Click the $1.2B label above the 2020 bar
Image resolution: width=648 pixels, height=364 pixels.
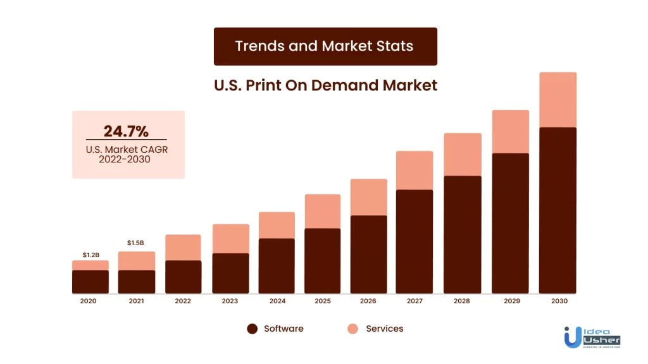point(90,255)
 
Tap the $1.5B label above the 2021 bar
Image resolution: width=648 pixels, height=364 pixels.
point(135,243)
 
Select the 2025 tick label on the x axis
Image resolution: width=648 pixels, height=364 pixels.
point(322,301)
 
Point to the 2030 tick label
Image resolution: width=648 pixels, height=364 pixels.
point(558,301)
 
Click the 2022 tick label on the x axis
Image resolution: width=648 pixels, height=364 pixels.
point(183,301)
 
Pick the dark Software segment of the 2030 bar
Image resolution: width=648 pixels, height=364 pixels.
point(558,210)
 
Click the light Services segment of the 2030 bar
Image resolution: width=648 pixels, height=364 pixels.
point(558,100)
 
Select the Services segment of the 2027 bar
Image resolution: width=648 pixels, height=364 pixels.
point(414,170)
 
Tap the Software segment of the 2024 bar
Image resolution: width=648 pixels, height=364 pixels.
point(277,265)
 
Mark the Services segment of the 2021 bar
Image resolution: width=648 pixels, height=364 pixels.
point(136,260)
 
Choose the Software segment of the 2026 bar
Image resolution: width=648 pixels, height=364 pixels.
point(368,254)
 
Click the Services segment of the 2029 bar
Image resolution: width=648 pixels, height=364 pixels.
point(510,131)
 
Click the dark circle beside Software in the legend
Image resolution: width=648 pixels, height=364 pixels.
point(252,329)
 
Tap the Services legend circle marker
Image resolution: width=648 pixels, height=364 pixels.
point(352,329)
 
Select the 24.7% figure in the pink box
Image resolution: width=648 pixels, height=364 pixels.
point(126,131)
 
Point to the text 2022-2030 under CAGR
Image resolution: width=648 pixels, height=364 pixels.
point(126,160)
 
